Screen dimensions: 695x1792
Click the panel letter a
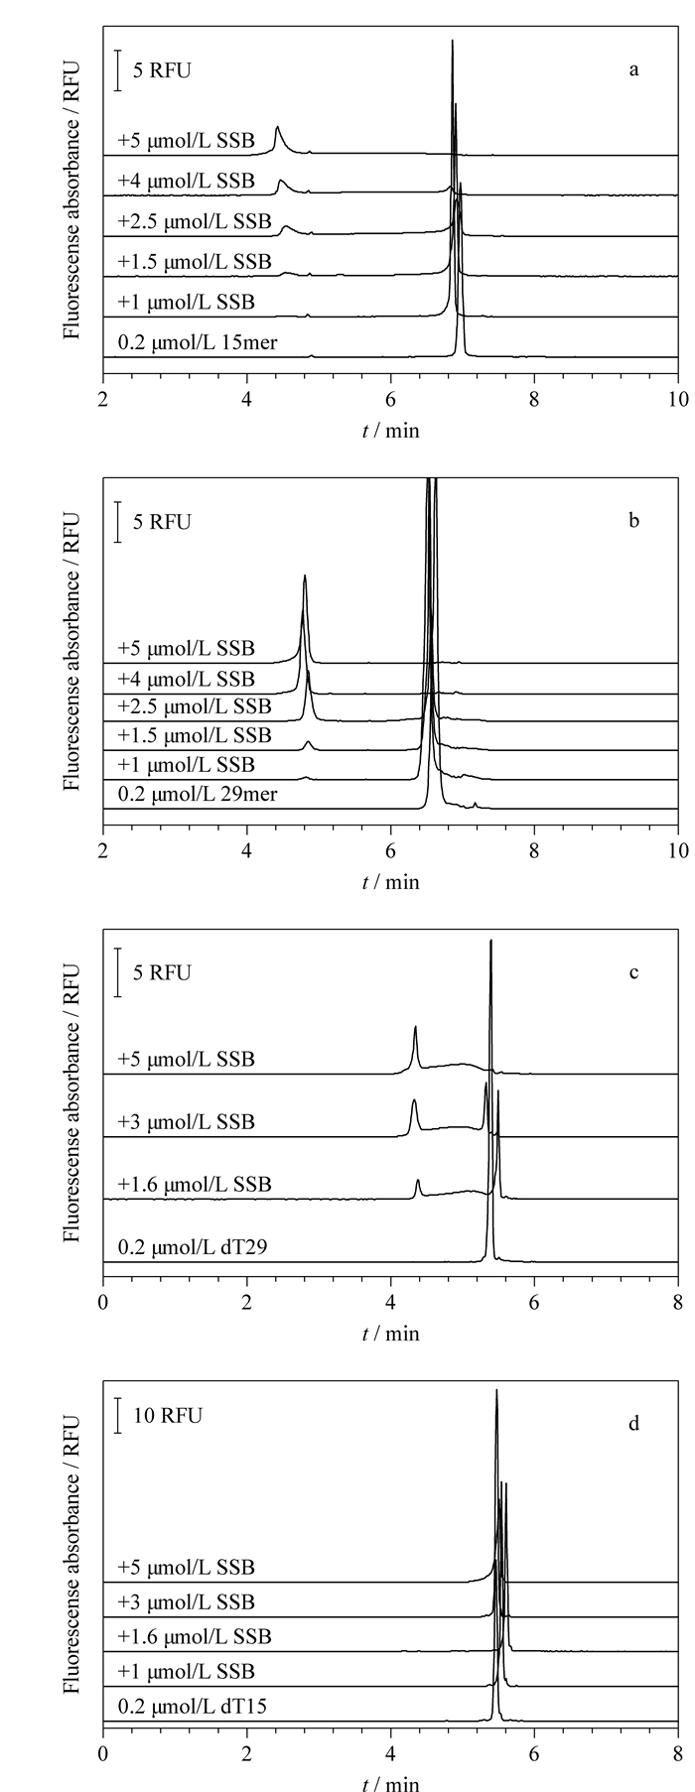633,70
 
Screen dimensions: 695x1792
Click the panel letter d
633,1424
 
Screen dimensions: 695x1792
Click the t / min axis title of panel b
390,881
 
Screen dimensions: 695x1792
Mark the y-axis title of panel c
71,1106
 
